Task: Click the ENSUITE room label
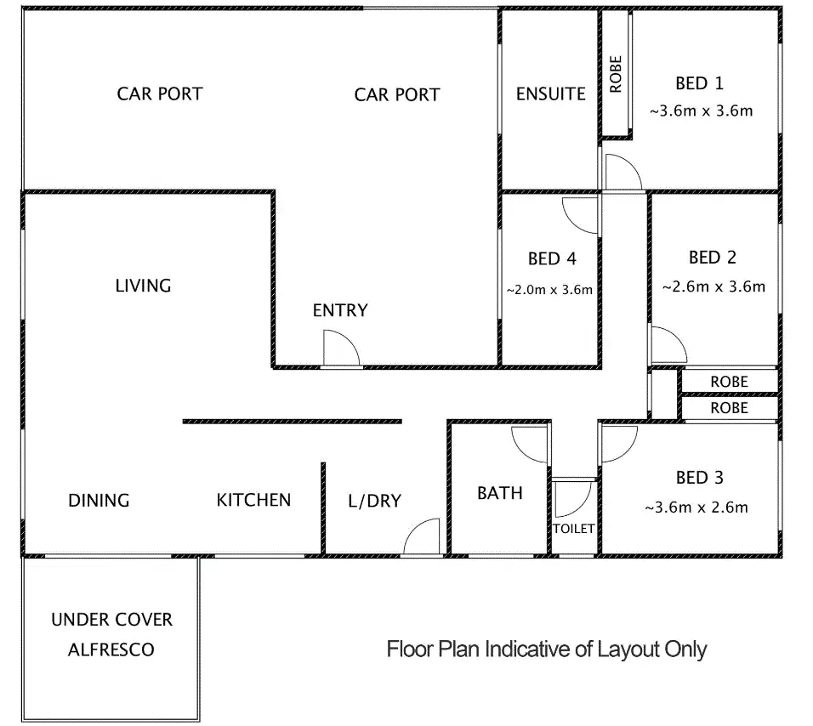(551, 94)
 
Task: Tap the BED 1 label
(699, 83)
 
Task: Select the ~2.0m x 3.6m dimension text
(549, 290)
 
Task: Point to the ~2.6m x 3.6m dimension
(713, 286)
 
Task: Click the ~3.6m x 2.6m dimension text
(696, 508)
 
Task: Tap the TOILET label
(574, 529)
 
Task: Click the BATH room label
(500, 493)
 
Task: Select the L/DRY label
(374, 501)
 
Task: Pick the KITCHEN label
(253, 500)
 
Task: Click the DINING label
(99, 500)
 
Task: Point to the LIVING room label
(143, 286)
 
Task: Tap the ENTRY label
(340, 310)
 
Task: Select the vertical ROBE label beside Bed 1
(616, 74)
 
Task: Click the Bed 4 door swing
(580, 213)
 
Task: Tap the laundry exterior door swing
(421, 538)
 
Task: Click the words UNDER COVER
(111, 619)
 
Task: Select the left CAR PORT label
(160, 94)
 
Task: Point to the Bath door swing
(530, 445)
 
